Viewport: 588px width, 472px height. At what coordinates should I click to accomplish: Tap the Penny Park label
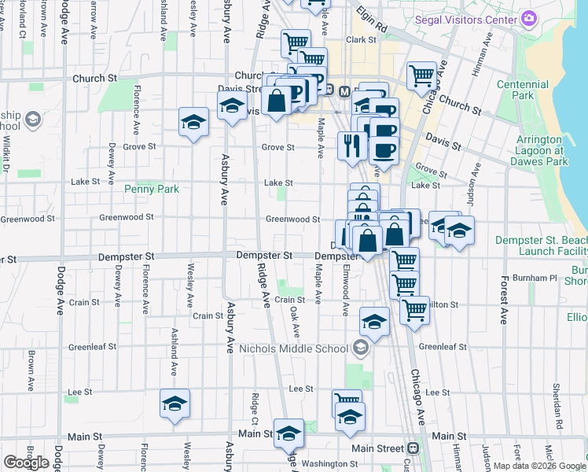click(x=152, y=189)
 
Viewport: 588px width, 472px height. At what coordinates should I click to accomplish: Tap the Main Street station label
click(x=381, y=448)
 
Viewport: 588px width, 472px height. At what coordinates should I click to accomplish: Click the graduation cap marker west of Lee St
click(x=175, y=403)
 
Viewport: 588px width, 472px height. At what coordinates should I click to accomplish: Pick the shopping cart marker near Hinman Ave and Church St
click(x=421, y=76)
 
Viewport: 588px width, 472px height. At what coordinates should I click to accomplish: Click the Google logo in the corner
click(x=26, y=463)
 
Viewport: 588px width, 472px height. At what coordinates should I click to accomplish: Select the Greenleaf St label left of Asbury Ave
click(x=92, y=346)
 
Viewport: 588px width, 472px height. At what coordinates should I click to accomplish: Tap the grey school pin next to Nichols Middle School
click(x=361, y=347)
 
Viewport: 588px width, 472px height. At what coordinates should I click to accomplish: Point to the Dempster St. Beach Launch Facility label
click(x=541, y=245)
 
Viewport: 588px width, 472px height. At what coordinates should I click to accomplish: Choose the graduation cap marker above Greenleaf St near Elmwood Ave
click(x=374, y=321)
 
